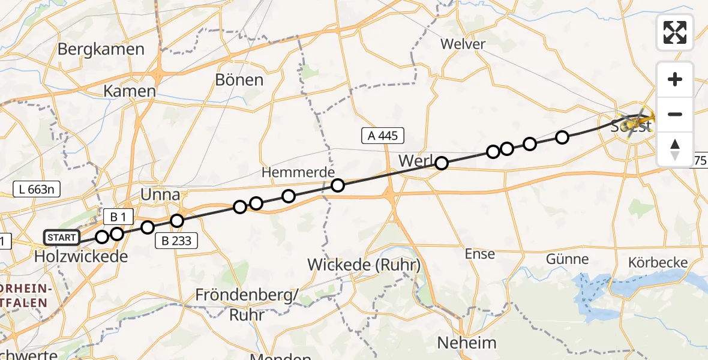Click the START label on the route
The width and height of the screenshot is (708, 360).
point(61,238)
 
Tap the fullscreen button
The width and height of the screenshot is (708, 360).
point(675,32)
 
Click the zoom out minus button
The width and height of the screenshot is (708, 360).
point(675,114)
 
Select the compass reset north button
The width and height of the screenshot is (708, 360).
point(675,149)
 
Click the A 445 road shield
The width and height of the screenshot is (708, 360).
point(383,136)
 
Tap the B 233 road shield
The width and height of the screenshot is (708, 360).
point(176,241)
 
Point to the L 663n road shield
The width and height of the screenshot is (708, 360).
point(37,190)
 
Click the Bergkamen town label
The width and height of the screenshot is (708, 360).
point(101,49)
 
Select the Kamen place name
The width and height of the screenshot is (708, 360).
point(130,91)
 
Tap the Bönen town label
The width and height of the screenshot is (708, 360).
point(239,80)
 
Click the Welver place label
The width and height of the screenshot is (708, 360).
point(462,44)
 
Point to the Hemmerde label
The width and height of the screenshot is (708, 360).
point(298,173)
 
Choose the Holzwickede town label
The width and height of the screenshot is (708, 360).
point(81,257)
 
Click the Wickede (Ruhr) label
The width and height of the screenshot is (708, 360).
point(364,264)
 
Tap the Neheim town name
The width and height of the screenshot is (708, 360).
point(467,343)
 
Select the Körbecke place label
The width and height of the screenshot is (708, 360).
point(658,263)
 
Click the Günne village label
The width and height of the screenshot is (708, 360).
point(567,260)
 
